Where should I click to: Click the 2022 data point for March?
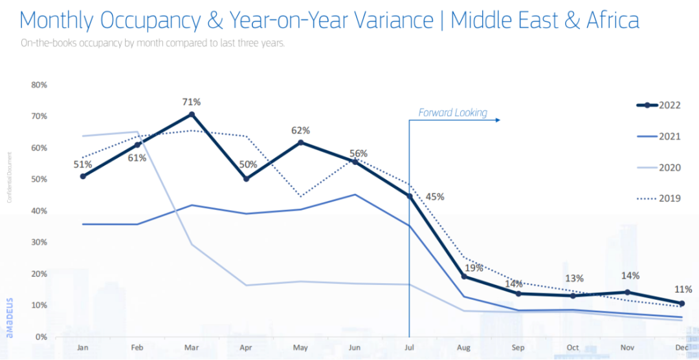(x=192, y=114)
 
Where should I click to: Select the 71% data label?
(x=192, y=101)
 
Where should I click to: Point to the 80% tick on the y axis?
(x=38, y=85)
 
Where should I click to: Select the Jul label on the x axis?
(x=409, y=347)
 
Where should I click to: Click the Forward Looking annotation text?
(x=452, y=112)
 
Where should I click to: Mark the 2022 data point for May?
(x=300, y=142)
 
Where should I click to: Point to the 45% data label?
(x=435, y=196)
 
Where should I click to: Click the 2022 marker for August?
(x=464, y=277)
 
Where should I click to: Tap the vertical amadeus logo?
(x=10, y=319)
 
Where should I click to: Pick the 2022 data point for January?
(x=83, y=176)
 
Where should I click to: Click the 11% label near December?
(x=682, y=289)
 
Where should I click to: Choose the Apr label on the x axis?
(x=246, y=347)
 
